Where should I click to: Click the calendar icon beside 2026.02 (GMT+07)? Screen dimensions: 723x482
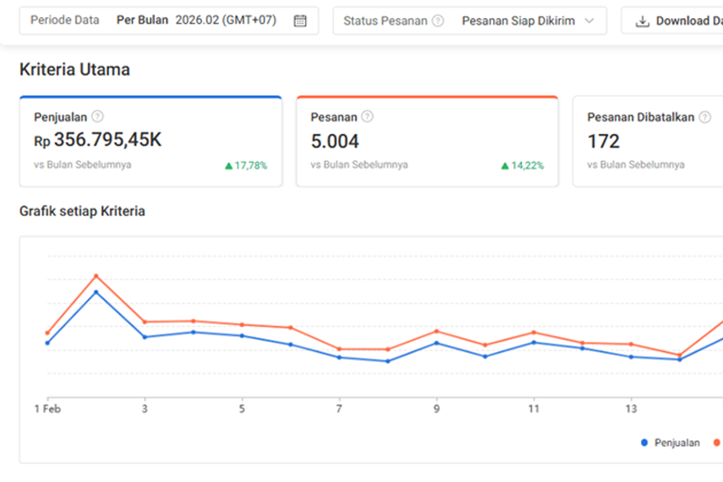point(300,21)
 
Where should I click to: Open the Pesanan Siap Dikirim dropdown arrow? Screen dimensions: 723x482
point(589,21)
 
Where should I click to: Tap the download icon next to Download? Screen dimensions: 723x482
point(642,21)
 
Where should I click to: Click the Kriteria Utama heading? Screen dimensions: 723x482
point(75,69)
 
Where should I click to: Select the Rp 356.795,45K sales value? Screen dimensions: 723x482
point(98,140)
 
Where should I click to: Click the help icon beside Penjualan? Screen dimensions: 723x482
point(98,116)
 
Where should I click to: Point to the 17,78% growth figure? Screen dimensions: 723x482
point(246,166)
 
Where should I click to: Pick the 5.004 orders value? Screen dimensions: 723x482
point(335,142)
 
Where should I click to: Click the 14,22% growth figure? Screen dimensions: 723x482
point(522,166)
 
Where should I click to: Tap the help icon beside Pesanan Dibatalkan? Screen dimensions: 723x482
point(705,117)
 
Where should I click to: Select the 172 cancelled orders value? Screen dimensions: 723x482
point(604,142)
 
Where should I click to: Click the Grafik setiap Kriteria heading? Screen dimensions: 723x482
point(83,211)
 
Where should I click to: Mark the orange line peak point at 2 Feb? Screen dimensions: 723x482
point(96,276)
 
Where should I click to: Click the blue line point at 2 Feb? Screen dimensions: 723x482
point(96,292)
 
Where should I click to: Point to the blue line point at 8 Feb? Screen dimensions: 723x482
point(388,361)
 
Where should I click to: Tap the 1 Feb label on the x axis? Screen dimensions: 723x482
point(48,409)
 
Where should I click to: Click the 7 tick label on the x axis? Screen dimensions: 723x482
point(339,409)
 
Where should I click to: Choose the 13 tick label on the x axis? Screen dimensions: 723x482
point(631,409)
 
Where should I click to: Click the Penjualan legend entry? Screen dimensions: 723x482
point(671,443)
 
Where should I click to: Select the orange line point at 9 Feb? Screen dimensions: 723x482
point(437,331)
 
